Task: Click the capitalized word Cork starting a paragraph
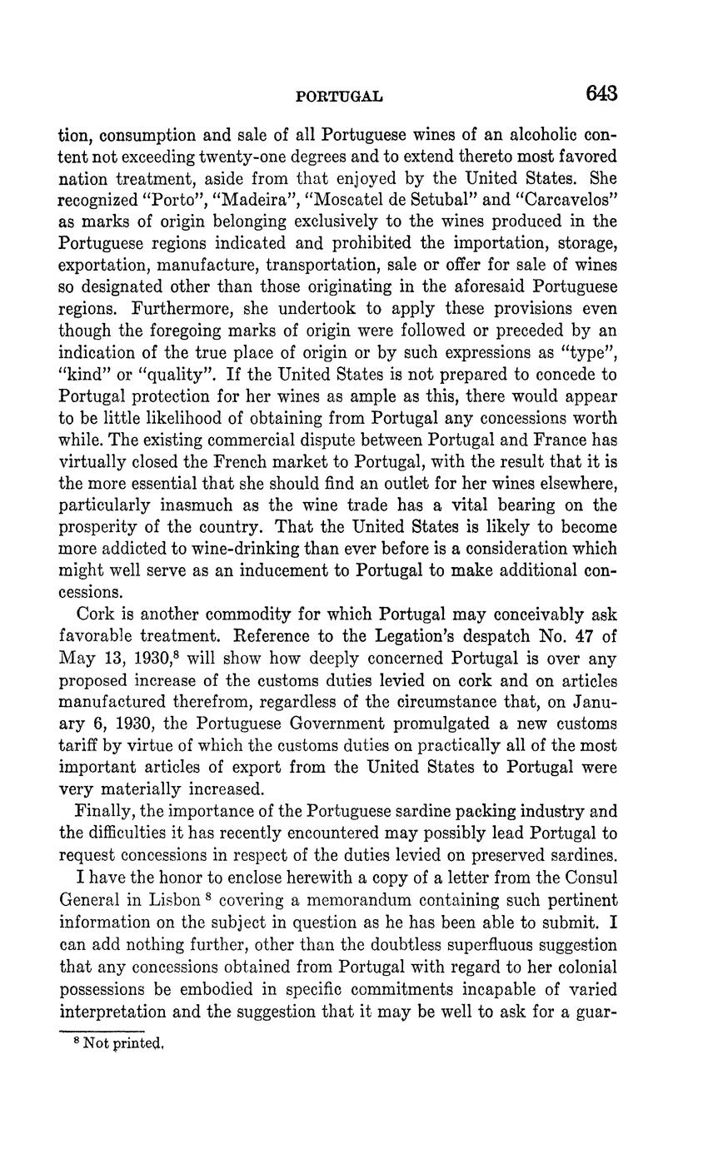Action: tap(93, 614)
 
